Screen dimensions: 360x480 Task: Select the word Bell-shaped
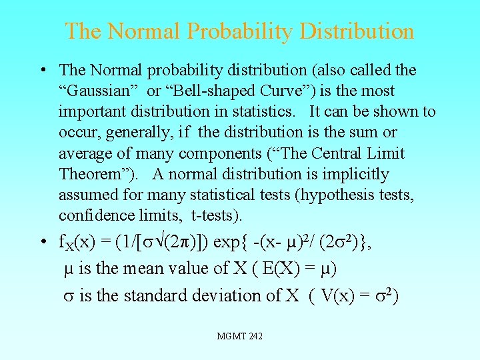(216, 91)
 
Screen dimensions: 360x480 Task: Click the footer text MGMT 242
(240, 336)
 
